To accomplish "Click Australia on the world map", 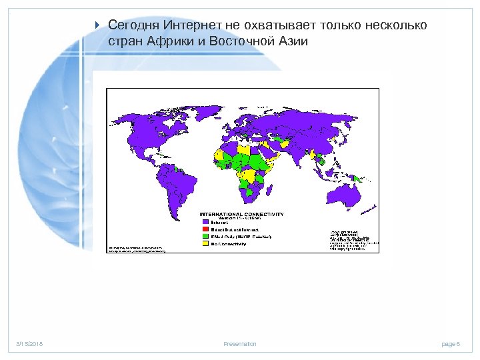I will tap(346, 193).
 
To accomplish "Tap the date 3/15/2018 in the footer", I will tap(30, 344).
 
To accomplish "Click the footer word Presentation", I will tap(240, 344).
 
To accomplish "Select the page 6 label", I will tap(451, 344).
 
